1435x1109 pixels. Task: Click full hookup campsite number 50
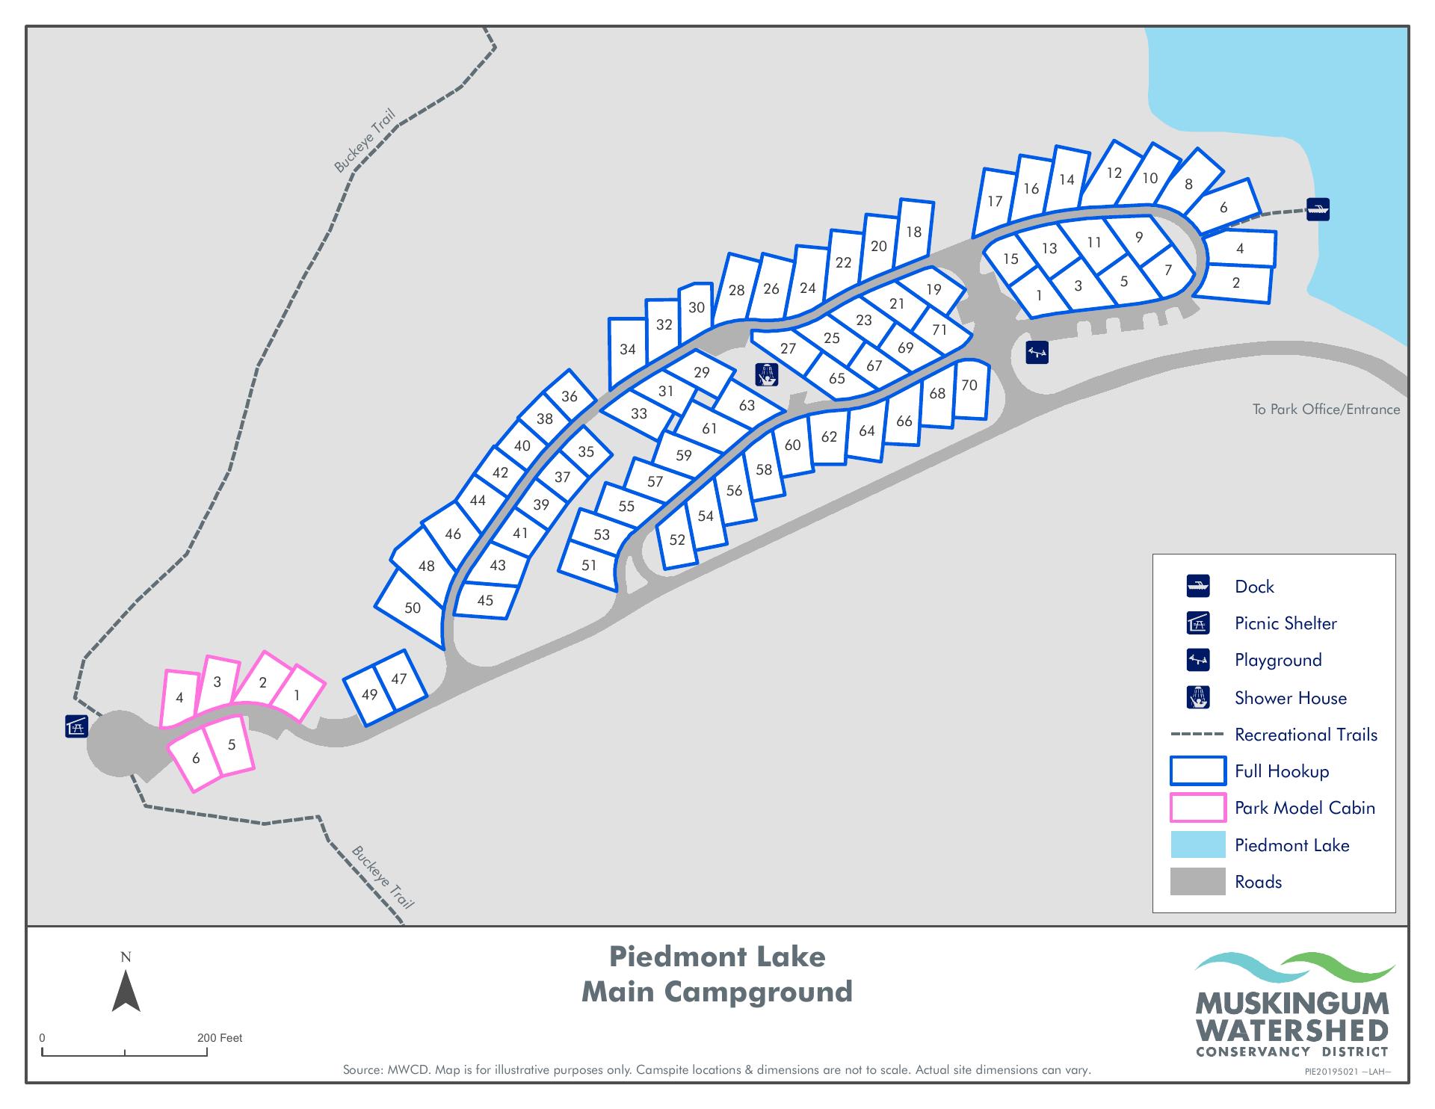point(412,608)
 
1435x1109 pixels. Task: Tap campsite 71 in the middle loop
point(939,330)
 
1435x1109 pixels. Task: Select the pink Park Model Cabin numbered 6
point(196,758)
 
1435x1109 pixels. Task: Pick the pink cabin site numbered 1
point(297,695)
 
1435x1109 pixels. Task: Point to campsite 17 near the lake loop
point(994,201)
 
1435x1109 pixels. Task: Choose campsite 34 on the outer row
point(628,349)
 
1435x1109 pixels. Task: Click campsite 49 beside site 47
point(369,694)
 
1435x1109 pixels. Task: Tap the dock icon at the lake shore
point(1318,208)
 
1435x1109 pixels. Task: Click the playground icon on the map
point(1037,352)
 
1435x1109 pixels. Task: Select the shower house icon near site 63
point(767,374)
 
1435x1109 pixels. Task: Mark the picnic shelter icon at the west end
point(77,726)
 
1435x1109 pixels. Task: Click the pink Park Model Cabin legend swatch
point(1197,808)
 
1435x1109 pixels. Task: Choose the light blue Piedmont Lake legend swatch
point(1197,845)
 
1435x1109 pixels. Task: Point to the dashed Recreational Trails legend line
point(1197,735)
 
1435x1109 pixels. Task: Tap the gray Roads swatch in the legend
point(1197,882)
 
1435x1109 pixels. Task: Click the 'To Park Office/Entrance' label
point(1326,410)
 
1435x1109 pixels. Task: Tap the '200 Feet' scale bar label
point(220,1038)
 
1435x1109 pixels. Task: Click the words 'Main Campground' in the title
point(717,992)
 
